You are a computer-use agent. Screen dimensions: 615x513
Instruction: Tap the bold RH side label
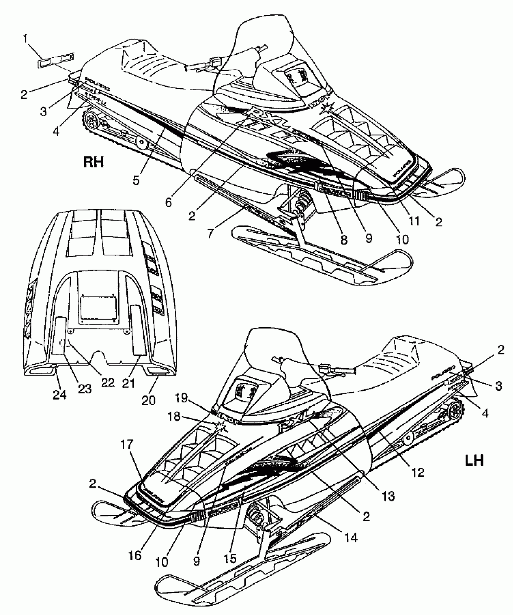coord(93,162)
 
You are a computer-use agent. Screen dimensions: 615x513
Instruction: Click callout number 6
coord(168,202)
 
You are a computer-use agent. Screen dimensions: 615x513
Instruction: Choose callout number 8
coord(344,239)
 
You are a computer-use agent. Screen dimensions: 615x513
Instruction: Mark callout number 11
coord(414,221)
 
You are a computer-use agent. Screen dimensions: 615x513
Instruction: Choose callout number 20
coord(148,400)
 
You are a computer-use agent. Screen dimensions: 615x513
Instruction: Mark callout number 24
coord(60,395)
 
